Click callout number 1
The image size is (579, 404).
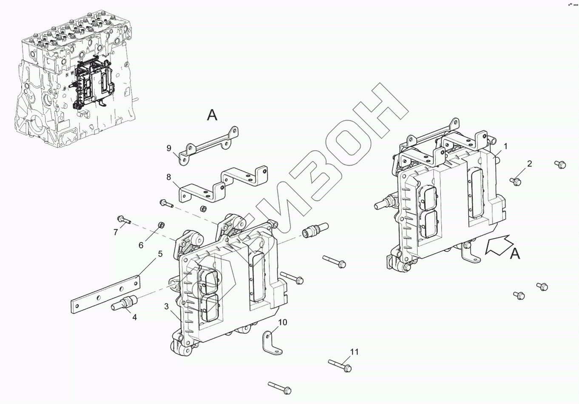click(x=505, y=146)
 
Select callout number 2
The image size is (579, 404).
click(x=529, y=164)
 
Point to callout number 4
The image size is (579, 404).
click(x=134, y=317)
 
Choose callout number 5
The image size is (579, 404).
click(x=160, y=254)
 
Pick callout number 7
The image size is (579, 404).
click(x=115, y=232)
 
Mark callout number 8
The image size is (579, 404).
click(x=169, y=176)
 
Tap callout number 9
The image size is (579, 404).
click(x=169, y=148)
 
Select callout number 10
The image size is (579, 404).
click(x=283, y=323)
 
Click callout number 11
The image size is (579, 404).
click(x=355, y=352)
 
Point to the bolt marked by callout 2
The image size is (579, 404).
click(x=516, y=181)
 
